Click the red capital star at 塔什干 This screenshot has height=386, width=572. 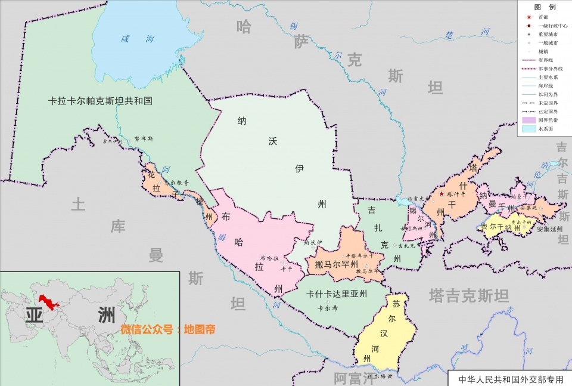442,194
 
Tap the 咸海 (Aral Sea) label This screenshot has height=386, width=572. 138,39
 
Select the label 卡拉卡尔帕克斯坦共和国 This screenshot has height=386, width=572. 100,101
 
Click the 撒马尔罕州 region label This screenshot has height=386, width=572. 337,264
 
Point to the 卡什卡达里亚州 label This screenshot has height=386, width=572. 337,294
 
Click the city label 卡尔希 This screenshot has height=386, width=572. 328,308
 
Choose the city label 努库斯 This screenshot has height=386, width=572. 144,138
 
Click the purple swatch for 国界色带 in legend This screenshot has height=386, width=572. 529,120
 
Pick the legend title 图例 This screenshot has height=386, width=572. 545,7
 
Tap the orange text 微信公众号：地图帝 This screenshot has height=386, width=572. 167,329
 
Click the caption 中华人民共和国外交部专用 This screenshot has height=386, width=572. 510,379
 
